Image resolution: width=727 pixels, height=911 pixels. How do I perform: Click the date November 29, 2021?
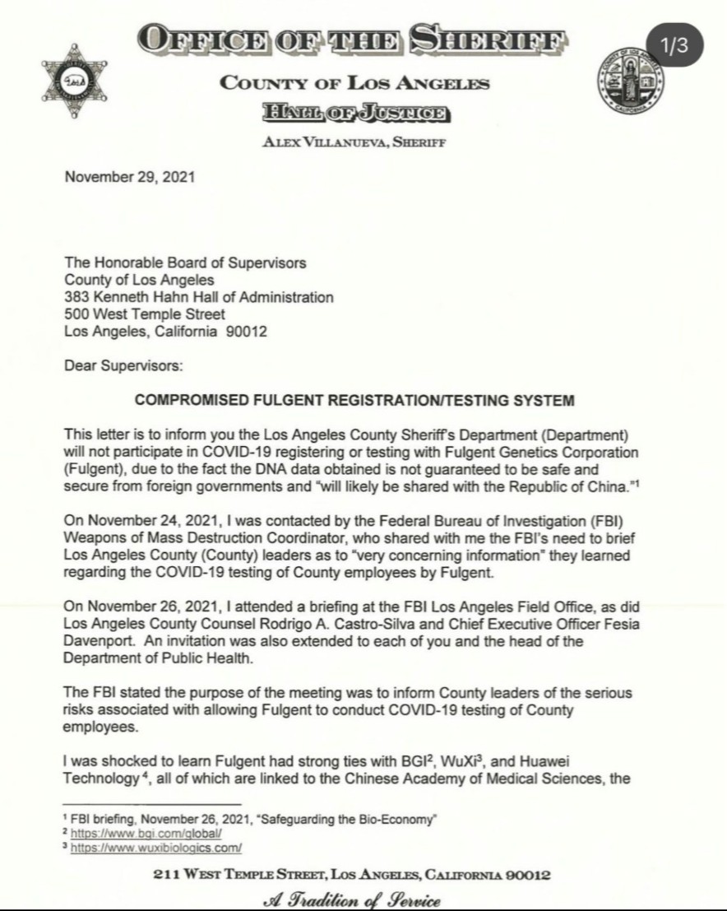pyautogui.click(x=129, y=176)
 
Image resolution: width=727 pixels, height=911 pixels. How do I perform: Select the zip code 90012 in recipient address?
pyautogui.click(x=246, y=332)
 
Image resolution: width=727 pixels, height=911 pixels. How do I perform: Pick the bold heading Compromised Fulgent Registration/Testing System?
pyautogui.click(x=354, y=401)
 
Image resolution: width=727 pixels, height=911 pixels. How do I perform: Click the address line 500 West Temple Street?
pyautogui.click(x=145, y=314)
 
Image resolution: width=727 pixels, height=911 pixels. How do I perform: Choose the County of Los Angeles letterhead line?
pyautogui.click(x=354, y=83)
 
